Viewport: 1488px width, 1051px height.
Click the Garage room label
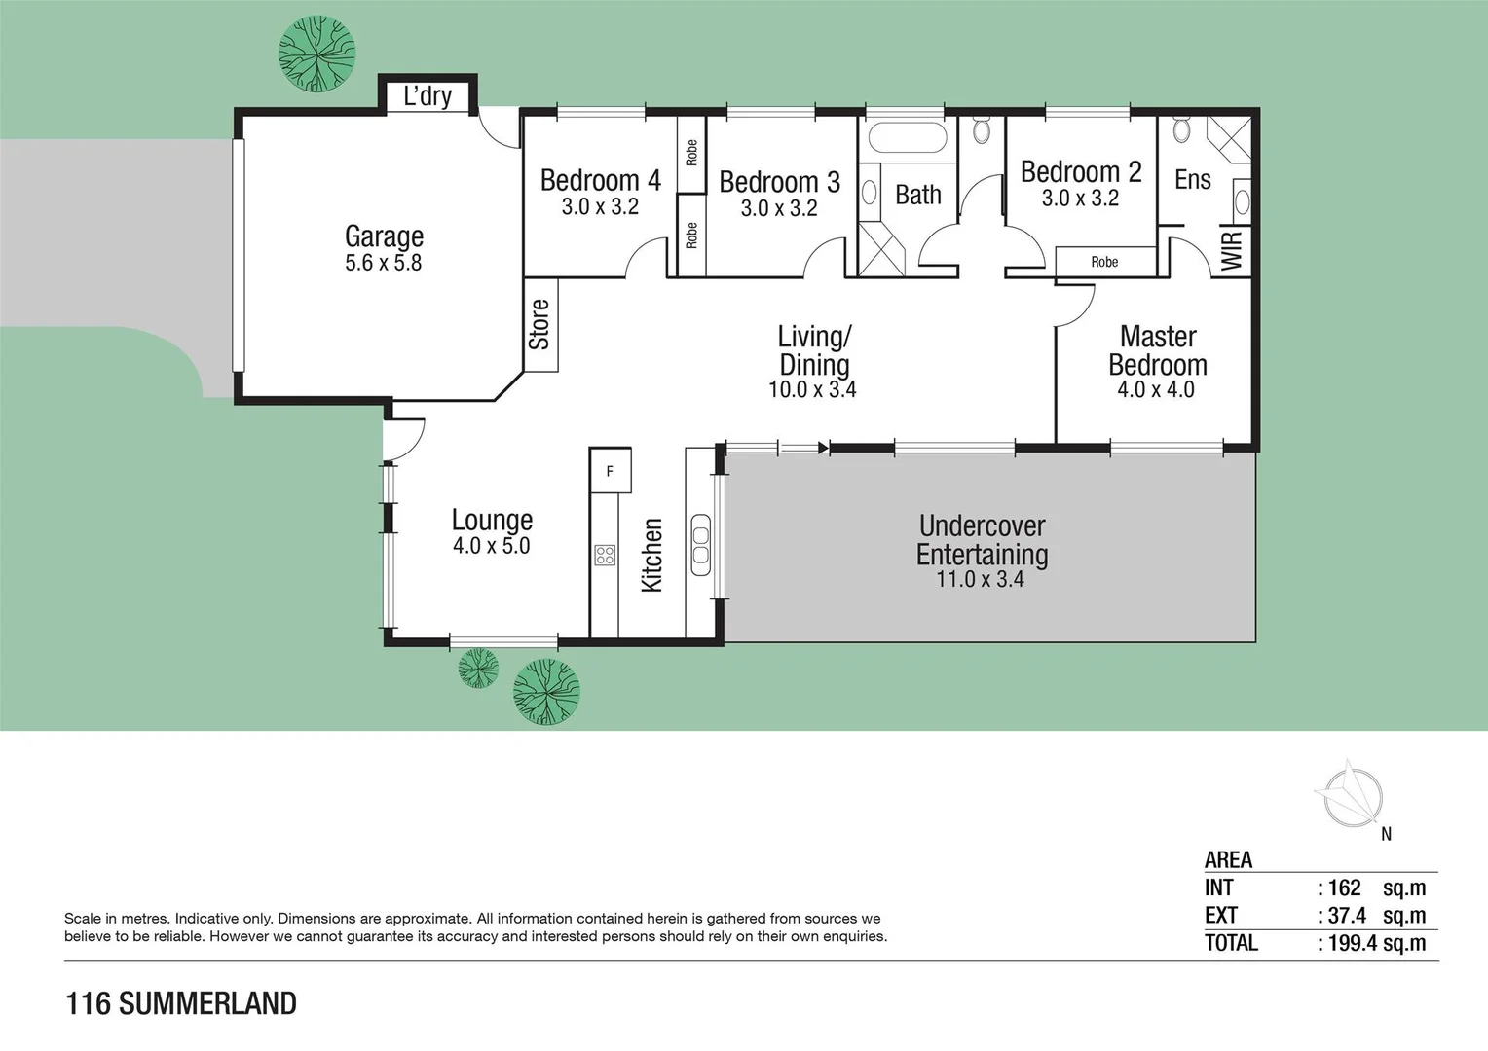(x=384, y=236)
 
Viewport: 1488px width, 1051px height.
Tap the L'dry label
(x=428, y=96)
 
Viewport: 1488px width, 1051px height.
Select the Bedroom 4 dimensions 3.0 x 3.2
(x=600, y=206)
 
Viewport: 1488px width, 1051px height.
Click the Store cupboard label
(x=539, y=324)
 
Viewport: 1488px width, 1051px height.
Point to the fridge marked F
(x=610, y=471)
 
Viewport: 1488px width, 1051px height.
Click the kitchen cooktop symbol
(x=605, y=556)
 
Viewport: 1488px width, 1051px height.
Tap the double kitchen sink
(x=700, y=545)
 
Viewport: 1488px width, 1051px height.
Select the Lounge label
(x=492, y=520)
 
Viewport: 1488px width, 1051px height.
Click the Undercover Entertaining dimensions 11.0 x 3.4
(x=980, y=580)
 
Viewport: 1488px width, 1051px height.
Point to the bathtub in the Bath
(x=907, y=137)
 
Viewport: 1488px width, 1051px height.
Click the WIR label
(x=1232, y=250)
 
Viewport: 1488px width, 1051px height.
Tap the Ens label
(x=1192, y=180)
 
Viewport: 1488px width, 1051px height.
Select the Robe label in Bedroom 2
(x=1104, y=262)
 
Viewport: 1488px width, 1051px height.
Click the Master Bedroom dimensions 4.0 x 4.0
(x=1156, y=390)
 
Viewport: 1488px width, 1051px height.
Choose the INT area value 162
(x=1344, y=888)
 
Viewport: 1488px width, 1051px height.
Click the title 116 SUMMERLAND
(x=181, y=1003)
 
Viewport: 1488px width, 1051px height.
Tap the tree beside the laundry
(x=316, y=54)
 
